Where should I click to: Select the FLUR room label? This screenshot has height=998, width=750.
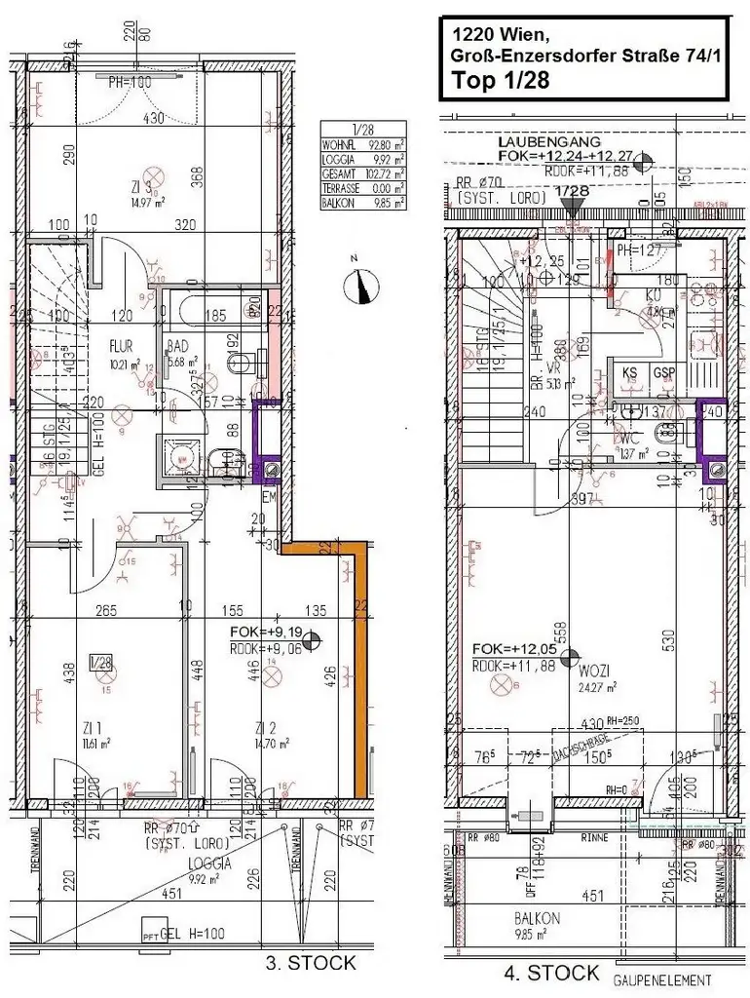click(x=120, y=344)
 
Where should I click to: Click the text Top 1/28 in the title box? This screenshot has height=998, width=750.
click(x=501, y=80)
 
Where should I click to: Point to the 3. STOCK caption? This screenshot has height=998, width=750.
click(x=311, y=963)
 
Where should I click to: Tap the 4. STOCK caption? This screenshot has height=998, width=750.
click(x=550, y=972)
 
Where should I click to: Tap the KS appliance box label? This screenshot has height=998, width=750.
click(x=631, y=372)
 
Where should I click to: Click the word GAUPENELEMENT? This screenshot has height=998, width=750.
click(x=662, y=980)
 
